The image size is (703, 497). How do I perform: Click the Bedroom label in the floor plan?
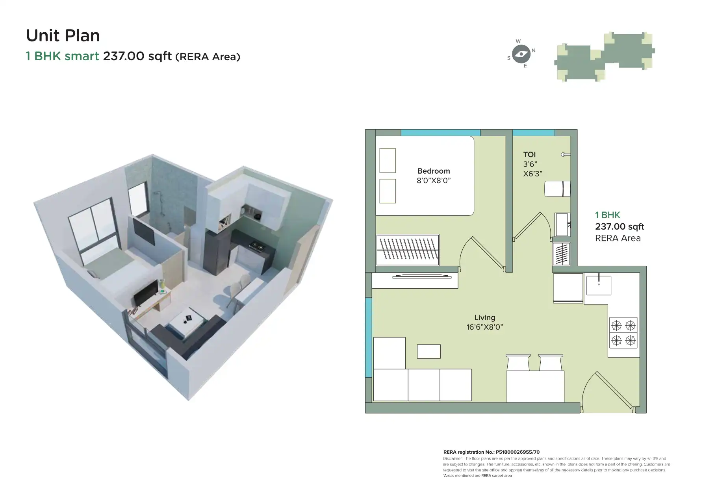(x=433, y=171)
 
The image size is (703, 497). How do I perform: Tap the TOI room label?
(x=529, y=155)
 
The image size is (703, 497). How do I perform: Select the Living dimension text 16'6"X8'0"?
(x=484, y=327)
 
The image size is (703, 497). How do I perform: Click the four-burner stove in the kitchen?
(x=623, y=333)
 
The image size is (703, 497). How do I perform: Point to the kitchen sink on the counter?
(x=599, y=285)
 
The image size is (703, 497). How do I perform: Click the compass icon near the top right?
(x=521, y=54)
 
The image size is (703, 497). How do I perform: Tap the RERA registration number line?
(x=491, y=452)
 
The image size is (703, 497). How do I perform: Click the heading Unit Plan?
(x=63, y=35)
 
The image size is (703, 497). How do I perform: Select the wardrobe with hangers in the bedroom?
(x=407, y=250)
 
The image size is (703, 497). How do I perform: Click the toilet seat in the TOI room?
(x=557, y=189)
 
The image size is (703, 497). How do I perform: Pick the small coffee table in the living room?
(x=428, y=351)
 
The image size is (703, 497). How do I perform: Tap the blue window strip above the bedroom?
(x=440, y=133)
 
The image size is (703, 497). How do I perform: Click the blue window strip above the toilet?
(x=533, y=133)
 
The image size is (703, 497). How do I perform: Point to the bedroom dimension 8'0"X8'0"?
(x=433, y=181)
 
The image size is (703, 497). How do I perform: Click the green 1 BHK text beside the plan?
(x=607, y=215)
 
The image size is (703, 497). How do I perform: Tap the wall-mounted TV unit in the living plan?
(x=422, y=277)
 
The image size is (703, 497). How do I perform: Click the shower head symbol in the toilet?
(x=565, y=155)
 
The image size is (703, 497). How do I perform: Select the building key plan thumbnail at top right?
(x=605, y=56)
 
